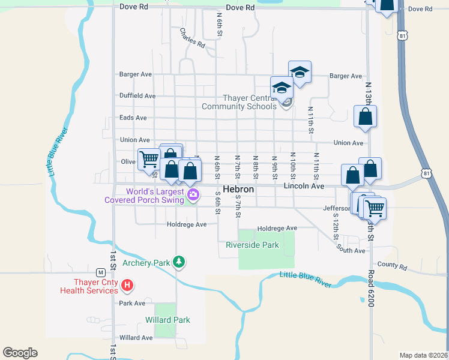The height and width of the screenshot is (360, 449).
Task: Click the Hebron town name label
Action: [x=239, y=188]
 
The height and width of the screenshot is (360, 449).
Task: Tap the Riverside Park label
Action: [x=252, y=245]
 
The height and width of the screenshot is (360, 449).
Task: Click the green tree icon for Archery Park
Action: [x=178, y=262]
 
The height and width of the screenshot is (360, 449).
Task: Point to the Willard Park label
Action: [x=167, y=320]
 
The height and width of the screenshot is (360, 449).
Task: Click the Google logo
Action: [x=20, y=353]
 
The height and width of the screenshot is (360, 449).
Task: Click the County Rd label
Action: [x=393, y=265]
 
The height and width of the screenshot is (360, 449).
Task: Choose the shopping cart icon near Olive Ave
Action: [x=148, y=159]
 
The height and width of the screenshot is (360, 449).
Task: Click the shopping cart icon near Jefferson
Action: [x=375, y=208]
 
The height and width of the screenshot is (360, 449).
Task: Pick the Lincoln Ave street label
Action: [x=304, y=187]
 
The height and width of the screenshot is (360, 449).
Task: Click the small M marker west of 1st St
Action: [x=101, y=271]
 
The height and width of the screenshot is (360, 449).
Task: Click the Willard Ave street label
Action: [x=136, y=338]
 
